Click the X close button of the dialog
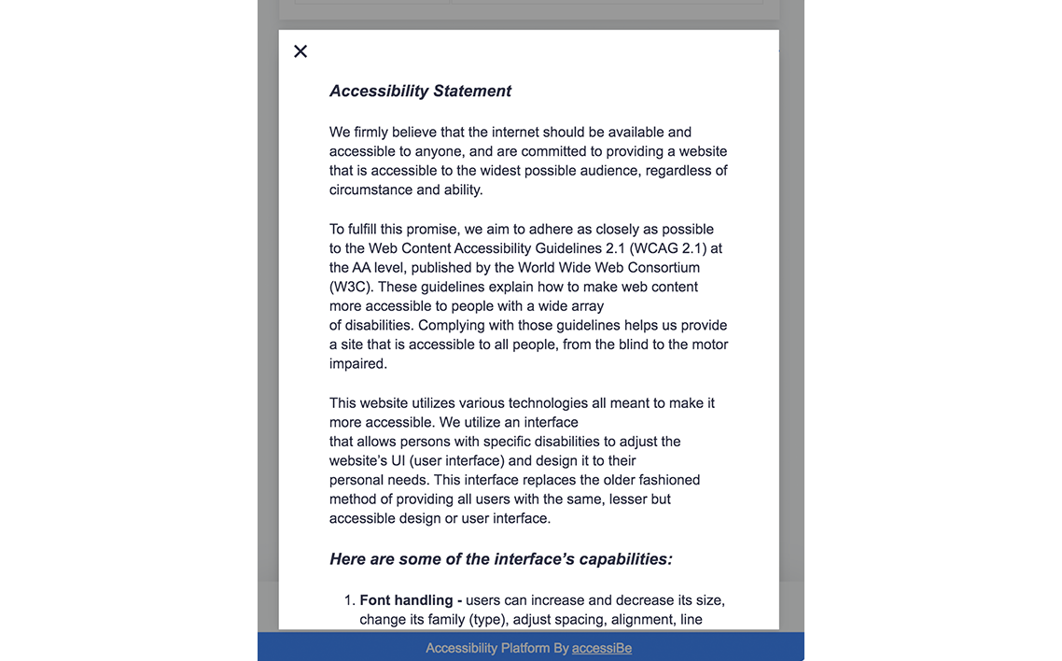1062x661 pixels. point(300,51)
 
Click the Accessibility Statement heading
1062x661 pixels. point(420,91)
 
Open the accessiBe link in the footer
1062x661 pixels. point(602,648)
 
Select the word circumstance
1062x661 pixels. point(370,190)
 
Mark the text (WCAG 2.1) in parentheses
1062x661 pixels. point(668,248)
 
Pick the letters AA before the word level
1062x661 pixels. point(361,268)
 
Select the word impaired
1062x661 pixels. point(357,364)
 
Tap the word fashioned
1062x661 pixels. point(670,480)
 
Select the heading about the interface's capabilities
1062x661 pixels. point(501,559)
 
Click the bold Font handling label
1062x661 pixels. point(411,600)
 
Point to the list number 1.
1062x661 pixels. point(349,600)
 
